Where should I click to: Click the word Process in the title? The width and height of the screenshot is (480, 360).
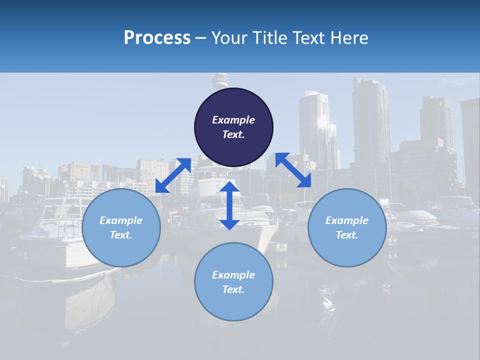[157, 38]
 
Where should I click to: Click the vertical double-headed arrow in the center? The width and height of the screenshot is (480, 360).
[229, 205]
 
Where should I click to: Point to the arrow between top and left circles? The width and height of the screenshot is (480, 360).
[173, 175]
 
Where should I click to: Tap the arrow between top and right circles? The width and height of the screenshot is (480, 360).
[293, 170]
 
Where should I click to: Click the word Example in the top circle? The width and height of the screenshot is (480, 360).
[233, 120]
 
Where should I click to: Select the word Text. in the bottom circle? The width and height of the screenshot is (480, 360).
[233, 289]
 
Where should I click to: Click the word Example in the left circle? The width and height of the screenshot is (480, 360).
[121, 220]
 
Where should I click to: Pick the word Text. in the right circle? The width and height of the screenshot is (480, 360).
[347, 235]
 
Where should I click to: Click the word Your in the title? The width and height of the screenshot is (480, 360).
[228, 38]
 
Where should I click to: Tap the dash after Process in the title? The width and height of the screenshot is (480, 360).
[200, 38]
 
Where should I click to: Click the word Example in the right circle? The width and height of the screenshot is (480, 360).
[347, 220]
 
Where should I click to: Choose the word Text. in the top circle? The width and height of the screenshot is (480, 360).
[233, 134]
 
